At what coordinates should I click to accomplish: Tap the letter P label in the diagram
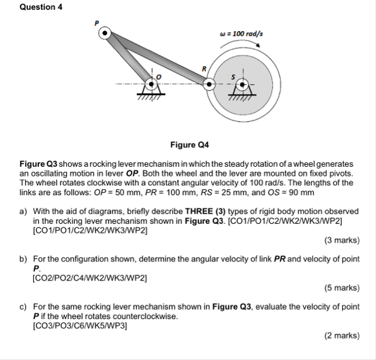click(96, 22)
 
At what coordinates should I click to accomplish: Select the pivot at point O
click(152, 84)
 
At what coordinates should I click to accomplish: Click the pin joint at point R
click(209, 84)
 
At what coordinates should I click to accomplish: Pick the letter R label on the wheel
click(205, 69)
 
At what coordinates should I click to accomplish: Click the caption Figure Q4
click(188, 144)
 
